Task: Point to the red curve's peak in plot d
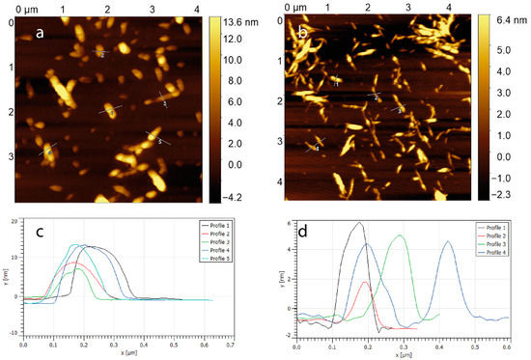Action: (x=364, y=282)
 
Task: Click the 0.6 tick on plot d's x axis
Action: (x=509, y=345)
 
